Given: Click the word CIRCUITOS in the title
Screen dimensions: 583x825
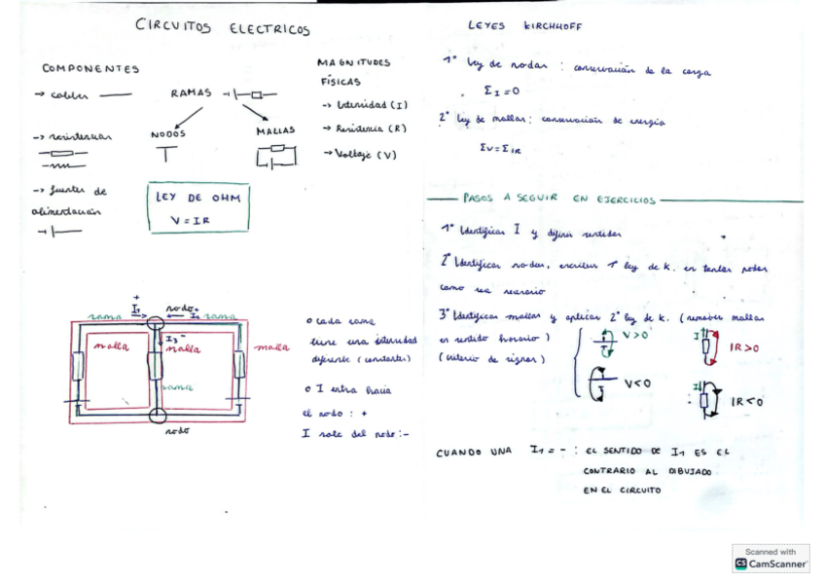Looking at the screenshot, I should (x=173, y=28).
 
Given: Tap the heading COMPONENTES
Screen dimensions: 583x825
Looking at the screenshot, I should (x=90, y=69).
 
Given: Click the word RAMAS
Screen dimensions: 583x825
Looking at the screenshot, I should (x=191, y=93).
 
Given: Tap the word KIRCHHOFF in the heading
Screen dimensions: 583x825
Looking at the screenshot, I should (x=552, y=26).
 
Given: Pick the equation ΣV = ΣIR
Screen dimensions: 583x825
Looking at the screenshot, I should (x=502, y=150).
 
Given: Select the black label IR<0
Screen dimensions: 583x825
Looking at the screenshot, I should (x=747, y=400).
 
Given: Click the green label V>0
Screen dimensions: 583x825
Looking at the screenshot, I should (x=635, y=335).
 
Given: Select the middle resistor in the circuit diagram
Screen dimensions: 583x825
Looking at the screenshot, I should (x=156, y=366).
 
